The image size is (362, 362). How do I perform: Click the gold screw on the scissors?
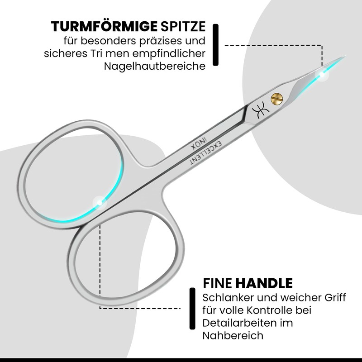pyautogui.click(x=276, y=98)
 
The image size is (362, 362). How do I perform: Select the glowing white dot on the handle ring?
pyautogui.click(x=98, y=202)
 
